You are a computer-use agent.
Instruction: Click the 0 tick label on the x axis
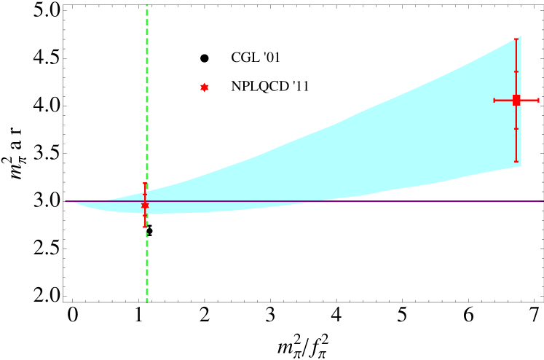pyautogui.click(x=72, y=315)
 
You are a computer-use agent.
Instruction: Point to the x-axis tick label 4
pyautogui.click(x=337, y=315)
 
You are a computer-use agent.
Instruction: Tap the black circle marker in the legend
pyautogui.click(x=205, y=58)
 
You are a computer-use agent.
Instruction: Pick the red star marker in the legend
pyautogui.click(x=205, y=87)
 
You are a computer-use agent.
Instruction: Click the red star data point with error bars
pyautogui.click(x=145, y=206)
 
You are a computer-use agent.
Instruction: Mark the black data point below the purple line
pyautogui.click(x=149, y=232)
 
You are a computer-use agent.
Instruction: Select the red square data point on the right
pyautogui.click(x=516, y=100)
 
